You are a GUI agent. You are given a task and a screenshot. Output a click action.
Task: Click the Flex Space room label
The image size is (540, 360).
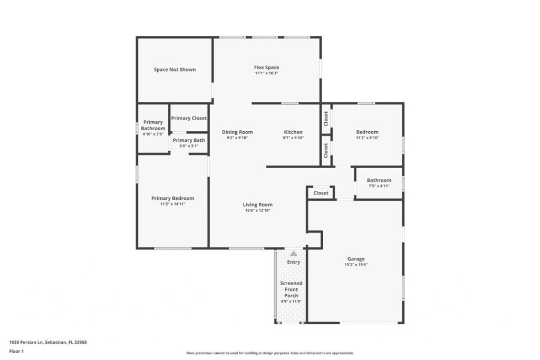[266, 67]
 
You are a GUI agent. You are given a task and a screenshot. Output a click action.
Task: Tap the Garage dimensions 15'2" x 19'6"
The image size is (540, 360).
[355, 265]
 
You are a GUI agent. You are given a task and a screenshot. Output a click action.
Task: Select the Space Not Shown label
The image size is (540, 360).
[175, 70]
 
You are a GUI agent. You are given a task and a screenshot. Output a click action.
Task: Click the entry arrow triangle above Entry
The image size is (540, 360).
[293, 254]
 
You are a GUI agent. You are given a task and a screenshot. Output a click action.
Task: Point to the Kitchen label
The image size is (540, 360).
[293, 132]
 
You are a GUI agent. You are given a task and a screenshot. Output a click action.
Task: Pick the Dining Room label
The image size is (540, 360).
[237, 132]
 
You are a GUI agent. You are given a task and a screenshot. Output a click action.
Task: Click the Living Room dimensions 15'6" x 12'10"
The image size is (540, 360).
[257, 210]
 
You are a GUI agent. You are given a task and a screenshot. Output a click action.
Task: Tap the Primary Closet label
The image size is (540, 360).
[189, 118]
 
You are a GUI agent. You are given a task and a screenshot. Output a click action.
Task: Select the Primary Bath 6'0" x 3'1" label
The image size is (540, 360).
[189, 143]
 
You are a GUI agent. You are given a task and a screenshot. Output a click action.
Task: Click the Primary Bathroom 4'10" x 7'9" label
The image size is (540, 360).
[153, 128]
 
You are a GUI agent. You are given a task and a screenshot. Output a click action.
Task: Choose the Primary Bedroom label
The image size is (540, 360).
[172, 198]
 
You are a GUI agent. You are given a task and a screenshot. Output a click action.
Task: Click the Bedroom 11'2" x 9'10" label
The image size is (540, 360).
[367, 134]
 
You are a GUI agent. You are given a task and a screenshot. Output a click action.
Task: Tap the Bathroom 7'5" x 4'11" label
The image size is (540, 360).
[379, 183]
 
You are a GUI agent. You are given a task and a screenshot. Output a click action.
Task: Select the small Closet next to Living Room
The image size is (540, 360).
[321, 193]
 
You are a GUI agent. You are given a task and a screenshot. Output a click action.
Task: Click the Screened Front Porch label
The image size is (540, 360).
[291, 289]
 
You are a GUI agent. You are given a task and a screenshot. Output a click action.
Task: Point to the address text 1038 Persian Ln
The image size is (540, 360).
[48, 342]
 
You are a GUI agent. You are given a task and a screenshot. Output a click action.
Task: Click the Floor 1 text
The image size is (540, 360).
[16, 351]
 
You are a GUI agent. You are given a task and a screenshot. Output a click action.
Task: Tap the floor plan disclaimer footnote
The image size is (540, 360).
[269, 353]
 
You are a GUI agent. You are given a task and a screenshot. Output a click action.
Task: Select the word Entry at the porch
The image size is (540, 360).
[293, 262]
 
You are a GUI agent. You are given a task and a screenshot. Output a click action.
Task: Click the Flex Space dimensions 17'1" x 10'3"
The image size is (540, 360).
[266, 73]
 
